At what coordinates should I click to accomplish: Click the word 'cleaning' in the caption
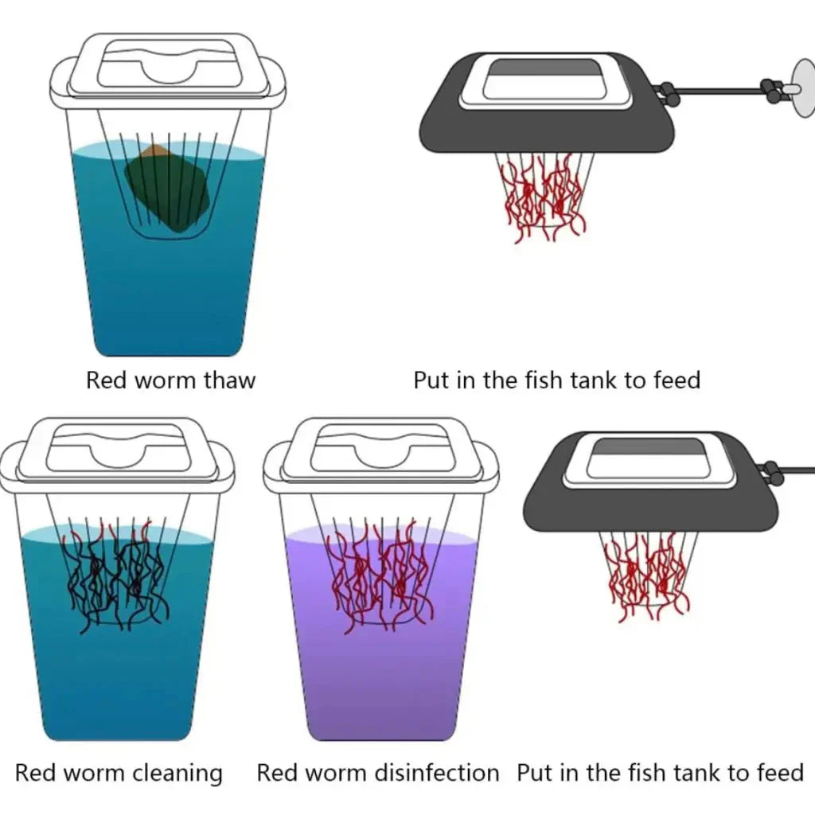click(x=177, y=772)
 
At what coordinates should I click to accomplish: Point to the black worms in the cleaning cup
click(x=115, y=577)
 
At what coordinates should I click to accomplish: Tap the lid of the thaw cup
click(x=167, y=68)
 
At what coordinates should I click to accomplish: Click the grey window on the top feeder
click(x=544, y=69)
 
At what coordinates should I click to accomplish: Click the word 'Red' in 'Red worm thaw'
click(x=107, y=380)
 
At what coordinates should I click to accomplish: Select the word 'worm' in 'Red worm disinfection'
click(x=332, y=772)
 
